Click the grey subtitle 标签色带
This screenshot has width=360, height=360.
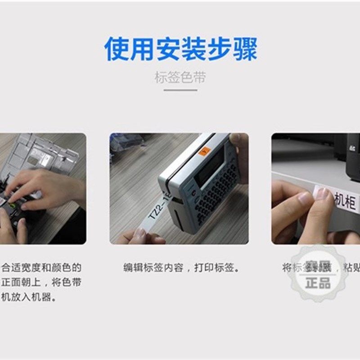180,77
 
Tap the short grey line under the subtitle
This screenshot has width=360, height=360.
180,90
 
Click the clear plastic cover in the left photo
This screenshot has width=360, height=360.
40,153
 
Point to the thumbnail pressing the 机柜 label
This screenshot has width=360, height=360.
322,193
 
